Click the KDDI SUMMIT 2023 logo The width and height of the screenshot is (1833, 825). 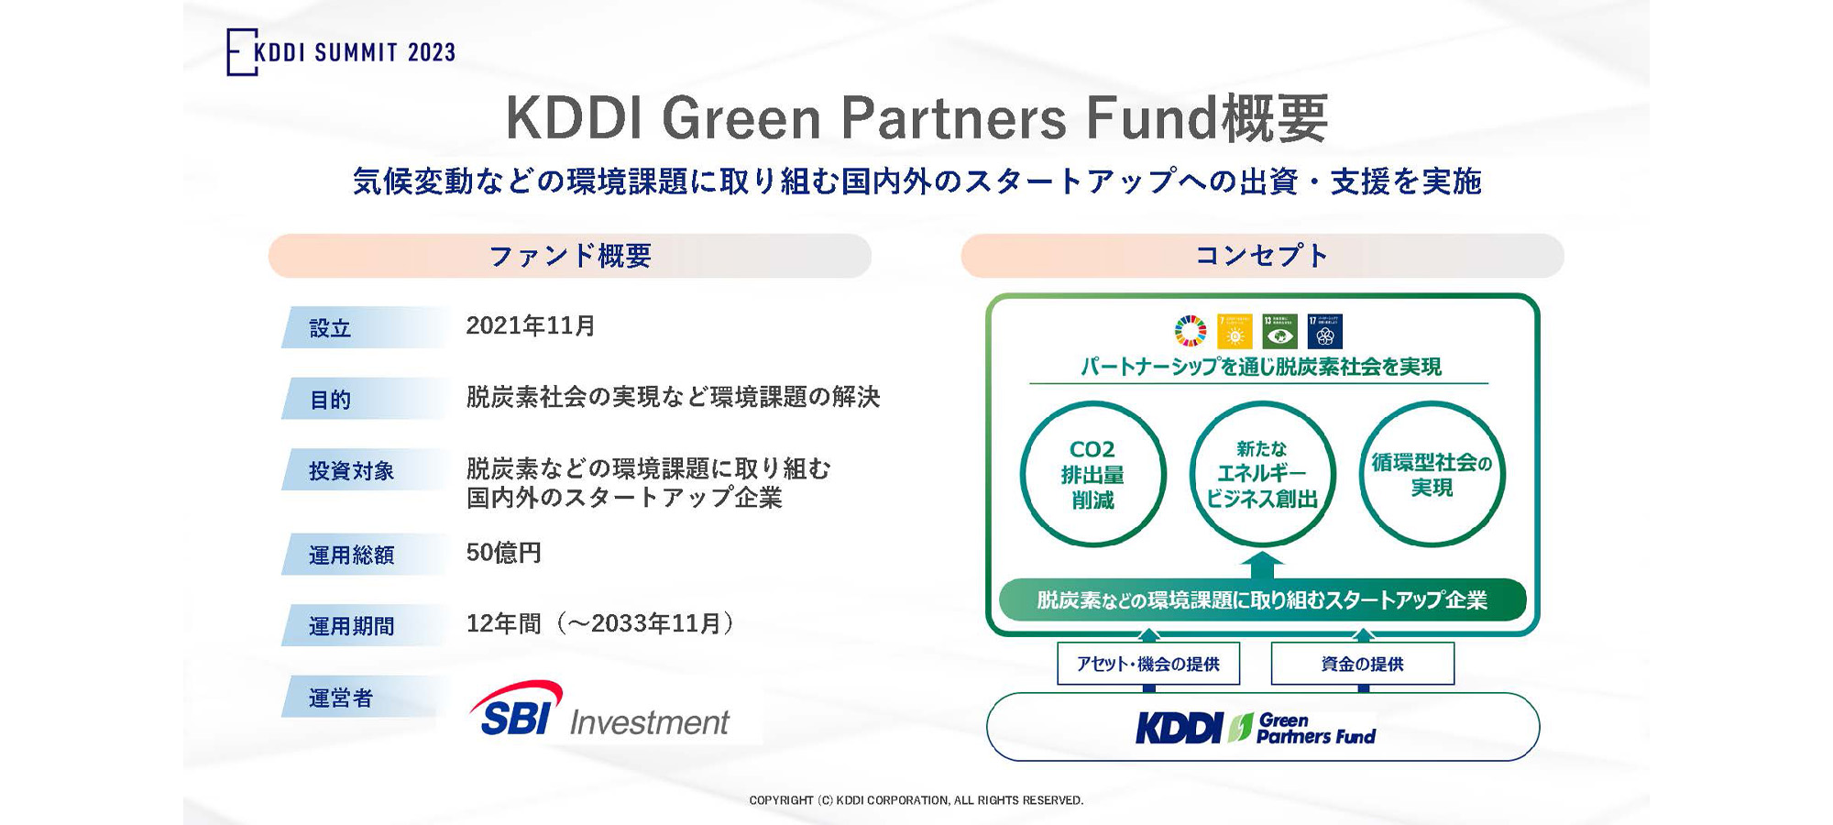click(x=341, y=52)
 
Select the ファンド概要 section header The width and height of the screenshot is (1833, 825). click(x=569, y=256)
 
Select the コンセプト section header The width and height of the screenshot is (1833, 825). click(x=1262, y=256)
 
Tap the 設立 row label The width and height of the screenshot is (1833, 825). click(x=331, y=328)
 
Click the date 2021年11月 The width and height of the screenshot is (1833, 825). click(x=531, y=326)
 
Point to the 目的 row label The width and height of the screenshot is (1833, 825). click(x=331, y=400)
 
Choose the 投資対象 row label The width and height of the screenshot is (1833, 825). click(x=351, y=471)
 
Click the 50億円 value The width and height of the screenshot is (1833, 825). click(x=503, y=553)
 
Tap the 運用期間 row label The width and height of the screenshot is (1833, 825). click(x=351, y=626)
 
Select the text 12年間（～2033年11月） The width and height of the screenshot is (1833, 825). click(x=600, y=624)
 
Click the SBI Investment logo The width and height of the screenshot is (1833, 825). click(x=600, y=710)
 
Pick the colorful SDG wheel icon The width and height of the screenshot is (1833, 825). click(x=1191, y=331)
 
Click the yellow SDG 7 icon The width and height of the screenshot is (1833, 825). click(x=1235, y=331)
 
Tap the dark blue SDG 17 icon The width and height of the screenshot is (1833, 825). click(x=1324, y=331)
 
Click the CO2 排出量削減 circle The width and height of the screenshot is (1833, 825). click(x=1092, y=475)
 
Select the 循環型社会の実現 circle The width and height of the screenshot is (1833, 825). click(x=1432, y=475)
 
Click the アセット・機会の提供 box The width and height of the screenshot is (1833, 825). click(x=1147, y=664)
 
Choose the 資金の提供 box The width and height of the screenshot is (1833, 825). click(x=1362, y=664)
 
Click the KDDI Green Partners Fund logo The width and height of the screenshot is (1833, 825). click(x=1257, y=728)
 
